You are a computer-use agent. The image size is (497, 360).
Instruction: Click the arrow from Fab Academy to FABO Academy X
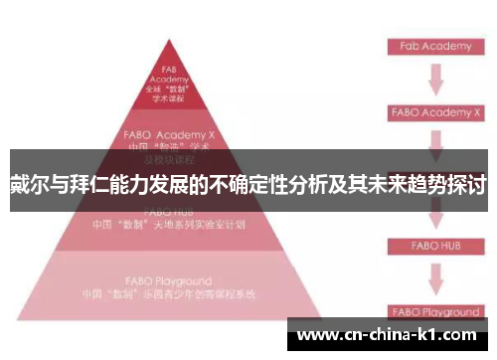(x=434, y=80)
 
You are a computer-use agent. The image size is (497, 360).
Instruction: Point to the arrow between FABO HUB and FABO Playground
(x=434, y=278)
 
